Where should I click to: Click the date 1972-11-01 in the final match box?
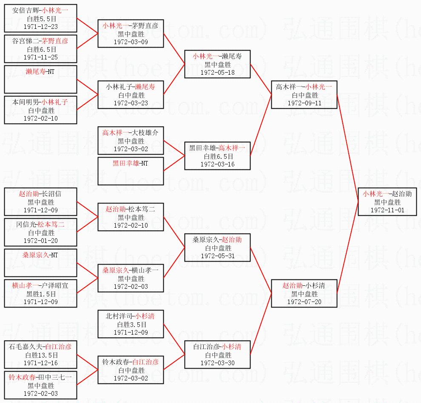pos(387,210)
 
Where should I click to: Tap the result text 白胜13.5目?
pos(41,355)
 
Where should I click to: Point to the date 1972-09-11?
pos(304,103)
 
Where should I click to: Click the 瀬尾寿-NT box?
pos(41,79)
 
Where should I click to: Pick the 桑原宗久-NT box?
pos(41,263)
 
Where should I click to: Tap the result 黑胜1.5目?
pos(41,294)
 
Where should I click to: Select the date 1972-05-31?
pos(217,256)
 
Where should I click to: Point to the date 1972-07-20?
pos(304,302)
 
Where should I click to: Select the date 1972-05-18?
pos(217,72)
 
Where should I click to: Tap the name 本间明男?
pos(24,102)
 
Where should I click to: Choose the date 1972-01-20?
pos(41,240)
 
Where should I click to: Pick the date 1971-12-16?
pos(41,363)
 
